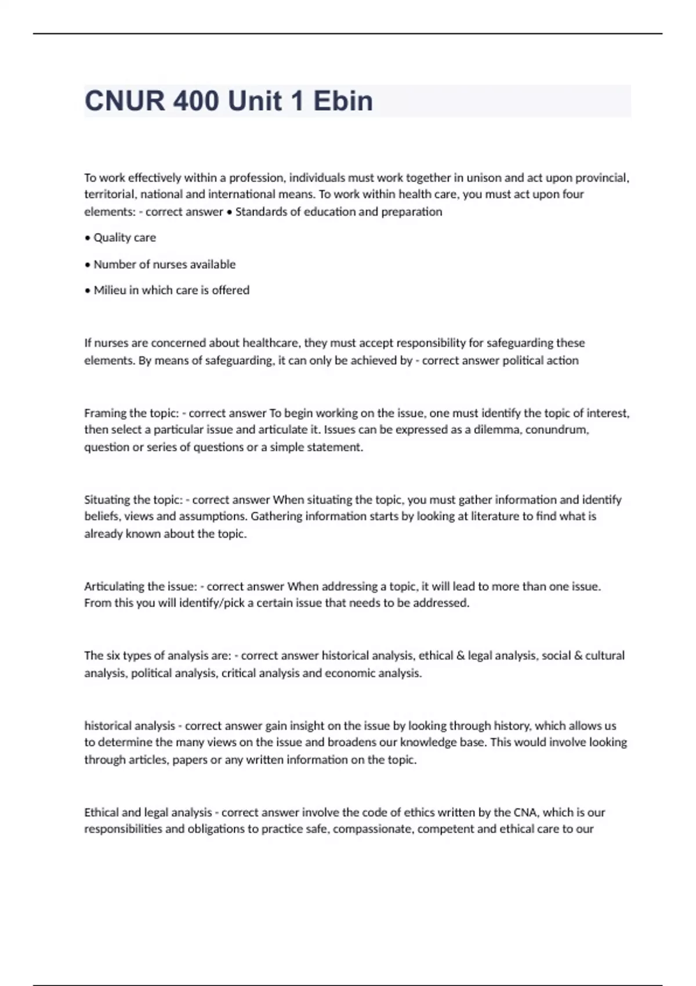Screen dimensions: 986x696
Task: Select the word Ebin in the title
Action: pos(343,101)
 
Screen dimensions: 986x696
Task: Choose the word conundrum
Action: pos(557,430)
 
